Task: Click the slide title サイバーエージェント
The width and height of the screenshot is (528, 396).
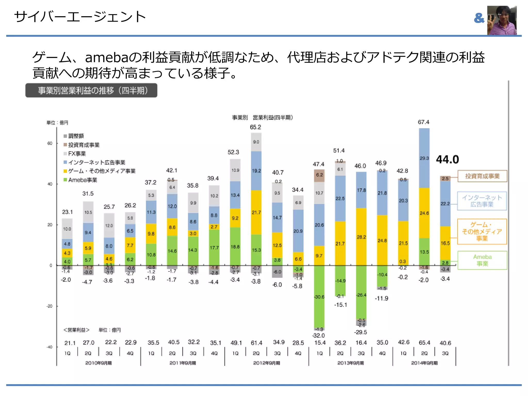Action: point(80,17)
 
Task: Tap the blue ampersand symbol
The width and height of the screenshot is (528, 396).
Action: point(479,18)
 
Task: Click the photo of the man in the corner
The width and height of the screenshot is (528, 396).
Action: point(502,20)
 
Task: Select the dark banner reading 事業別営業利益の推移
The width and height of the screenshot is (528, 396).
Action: point(91,90)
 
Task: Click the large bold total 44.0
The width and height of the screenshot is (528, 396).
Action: point(447,159)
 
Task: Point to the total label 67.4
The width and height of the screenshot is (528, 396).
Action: point(424,122)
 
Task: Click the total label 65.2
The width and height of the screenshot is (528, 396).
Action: point(255,127)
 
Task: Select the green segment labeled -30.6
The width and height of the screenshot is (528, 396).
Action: point(319,296)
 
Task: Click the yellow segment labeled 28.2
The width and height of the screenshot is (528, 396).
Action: point(361,237)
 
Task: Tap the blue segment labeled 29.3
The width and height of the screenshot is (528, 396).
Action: point(424,158)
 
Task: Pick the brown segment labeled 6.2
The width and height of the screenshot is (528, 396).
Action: point(319,175)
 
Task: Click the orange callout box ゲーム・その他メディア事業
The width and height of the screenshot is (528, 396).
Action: point(482,232)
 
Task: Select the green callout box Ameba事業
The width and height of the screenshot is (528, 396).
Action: point(482,260)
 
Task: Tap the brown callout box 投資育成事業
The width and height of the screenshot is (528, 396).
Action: point(482,176)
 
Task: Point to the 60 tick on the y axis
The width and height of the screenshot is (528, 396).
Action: point(50,143)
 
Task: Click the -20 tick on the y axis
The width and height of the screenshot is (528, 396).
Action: point(49,306)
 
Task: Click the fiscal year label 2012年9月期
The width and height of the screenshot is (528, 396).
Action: point(266,363)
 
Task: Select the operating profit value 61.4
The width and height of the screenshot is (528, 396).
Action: point(256,343)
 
